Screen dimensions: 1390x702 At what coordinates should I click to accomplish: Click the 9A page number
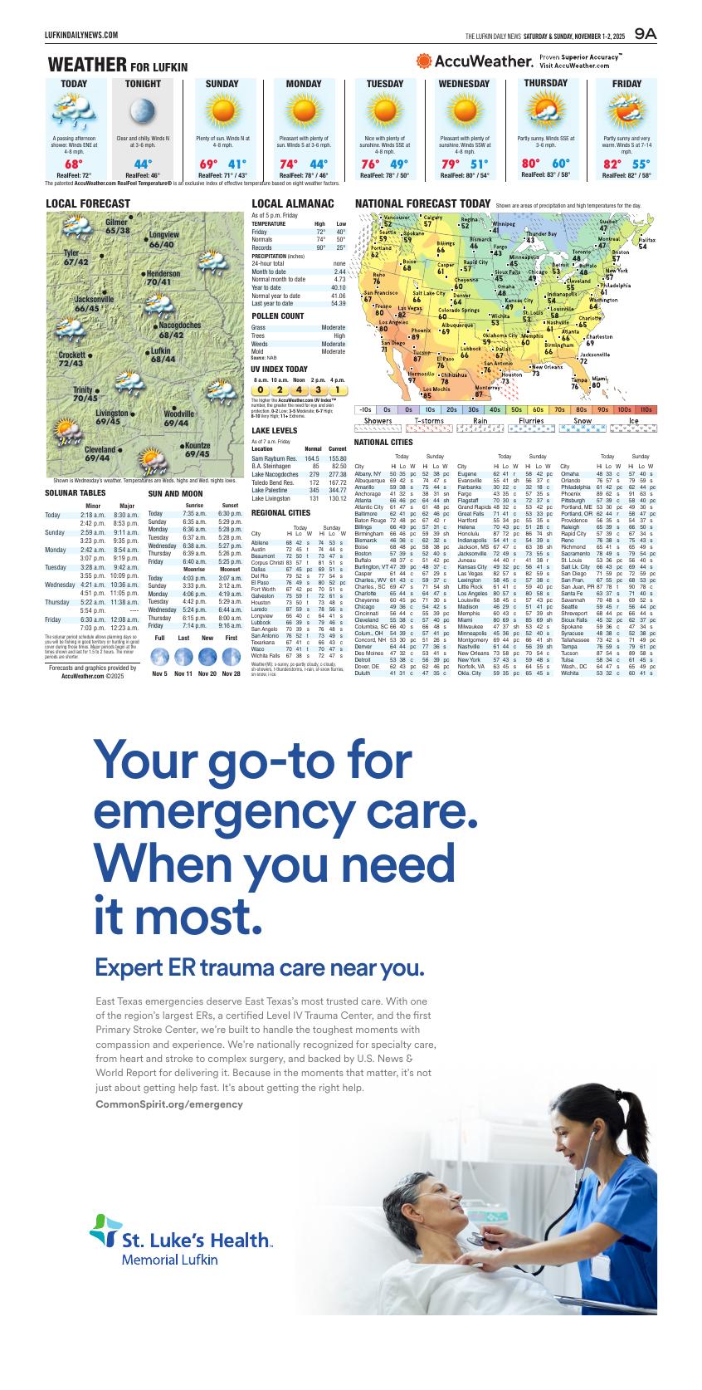point(645,34)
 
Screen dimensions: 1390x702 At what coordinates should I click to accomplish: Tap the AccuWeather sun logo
point(424,61)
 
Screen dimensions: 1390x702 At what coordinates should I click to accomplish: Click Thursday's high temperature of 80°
point(530,163)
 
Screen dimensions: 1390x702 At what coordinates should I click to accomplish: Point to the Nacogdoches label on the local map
point(179,325)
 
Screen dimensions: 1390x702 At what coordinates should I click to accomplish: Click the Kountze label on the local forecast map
point(197,446)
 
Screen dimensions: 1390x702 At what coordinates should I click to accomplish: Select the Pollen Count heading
point(277,316)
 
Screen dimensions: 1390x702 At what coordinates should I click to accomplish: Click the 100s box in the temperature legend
point(624,409)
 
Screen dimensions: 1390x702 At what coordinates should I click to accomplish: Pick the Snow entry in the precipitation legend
point(583,421)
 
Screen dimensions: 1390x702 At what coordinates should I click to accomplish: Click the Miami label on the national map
point(599,378)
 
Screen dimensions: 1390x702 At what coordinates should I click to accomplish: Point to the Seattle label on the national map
point(388,232)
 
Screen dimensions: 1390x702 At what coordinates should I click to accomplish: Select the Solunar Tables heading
point(75,493)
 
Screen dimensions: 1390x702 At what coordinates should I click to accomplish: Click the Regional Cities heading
point(280,513)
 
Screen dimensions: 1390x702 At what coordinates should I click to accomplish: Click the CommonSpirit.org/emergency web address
point(169,1104)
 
